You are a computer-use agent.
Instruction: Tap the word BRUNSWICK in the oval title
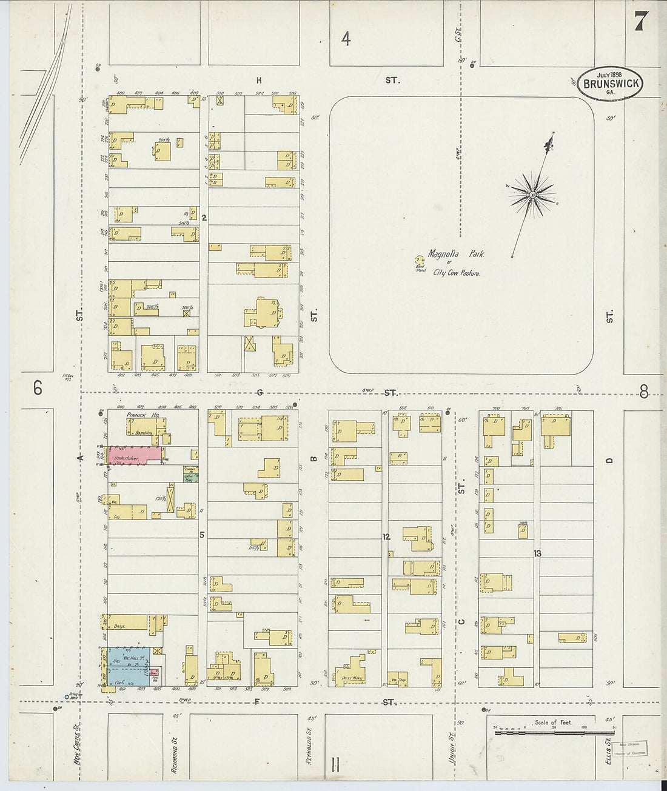coord(611,84)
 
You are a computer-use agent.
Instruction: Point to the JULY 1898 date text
coord(609,74)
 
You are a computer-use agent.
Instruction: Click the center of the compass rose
coord(532,195)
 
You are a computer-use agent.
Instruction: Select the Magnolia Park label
coord(455,255)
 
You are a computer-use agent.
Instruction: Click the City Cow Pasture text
coord(456,273)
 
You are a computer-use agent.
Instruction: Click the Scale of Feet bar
coord(551,733)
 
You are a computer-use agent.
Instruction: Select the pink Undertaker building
coord(135,455)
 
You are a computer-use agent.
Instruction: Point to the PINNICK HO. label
coord(143,415)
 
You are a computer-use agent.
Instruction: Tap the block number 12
coord(386,537)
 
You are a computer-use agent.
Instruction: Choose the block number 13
coord(537,553)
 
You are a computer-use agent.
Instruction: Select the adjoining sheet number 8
coord(643,392)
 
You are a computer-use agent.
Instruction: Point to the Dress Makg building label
coord(351,679)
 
